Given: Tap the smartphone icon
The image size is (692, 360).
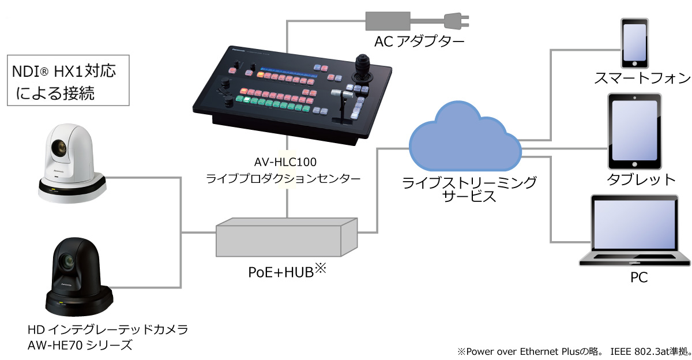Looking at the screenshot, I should tap(633, 43).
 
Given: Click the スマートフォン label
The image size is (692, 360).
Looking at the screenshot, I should tap(634, 78).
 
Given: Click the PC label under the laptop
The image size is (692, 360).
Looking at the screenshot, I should tap(638, 277).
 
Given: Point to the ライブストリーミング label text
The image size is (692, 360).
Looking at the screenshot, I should tap(469, 183).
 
